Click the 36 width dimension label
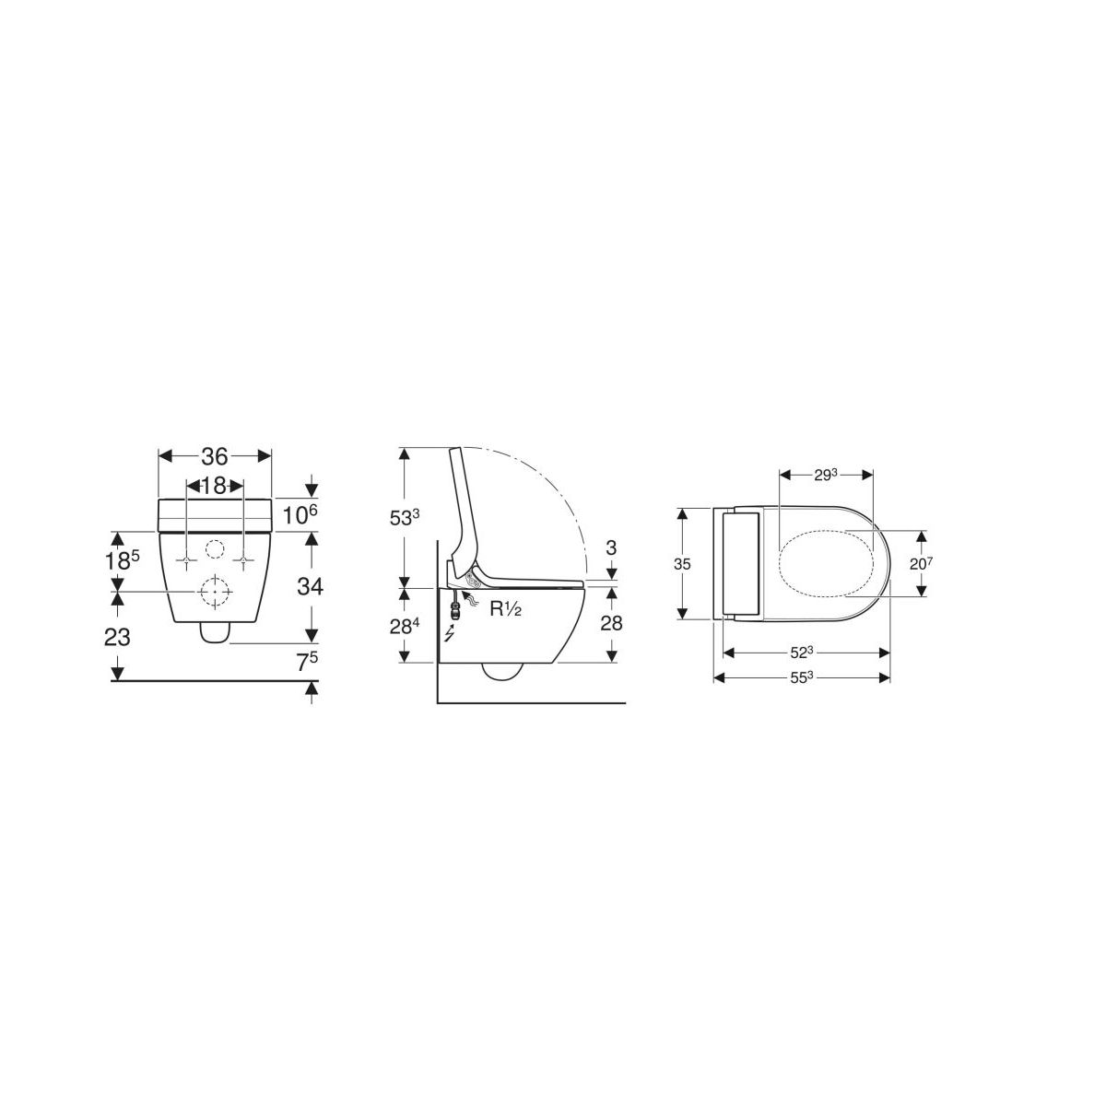(215, 456)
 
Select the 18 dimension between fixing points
(214, 486)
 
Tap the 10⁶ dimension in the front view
(300, 515)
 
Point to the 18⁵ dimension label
(123, 559)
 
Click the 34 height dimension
(310, 586)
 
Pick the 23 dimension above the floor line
(117, 637)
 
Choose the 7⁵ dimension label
(307, 662)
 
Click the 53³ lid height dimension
(405, 517)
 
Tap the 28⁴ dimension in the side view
(405, 626)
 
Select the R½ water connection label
(506, 609)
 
